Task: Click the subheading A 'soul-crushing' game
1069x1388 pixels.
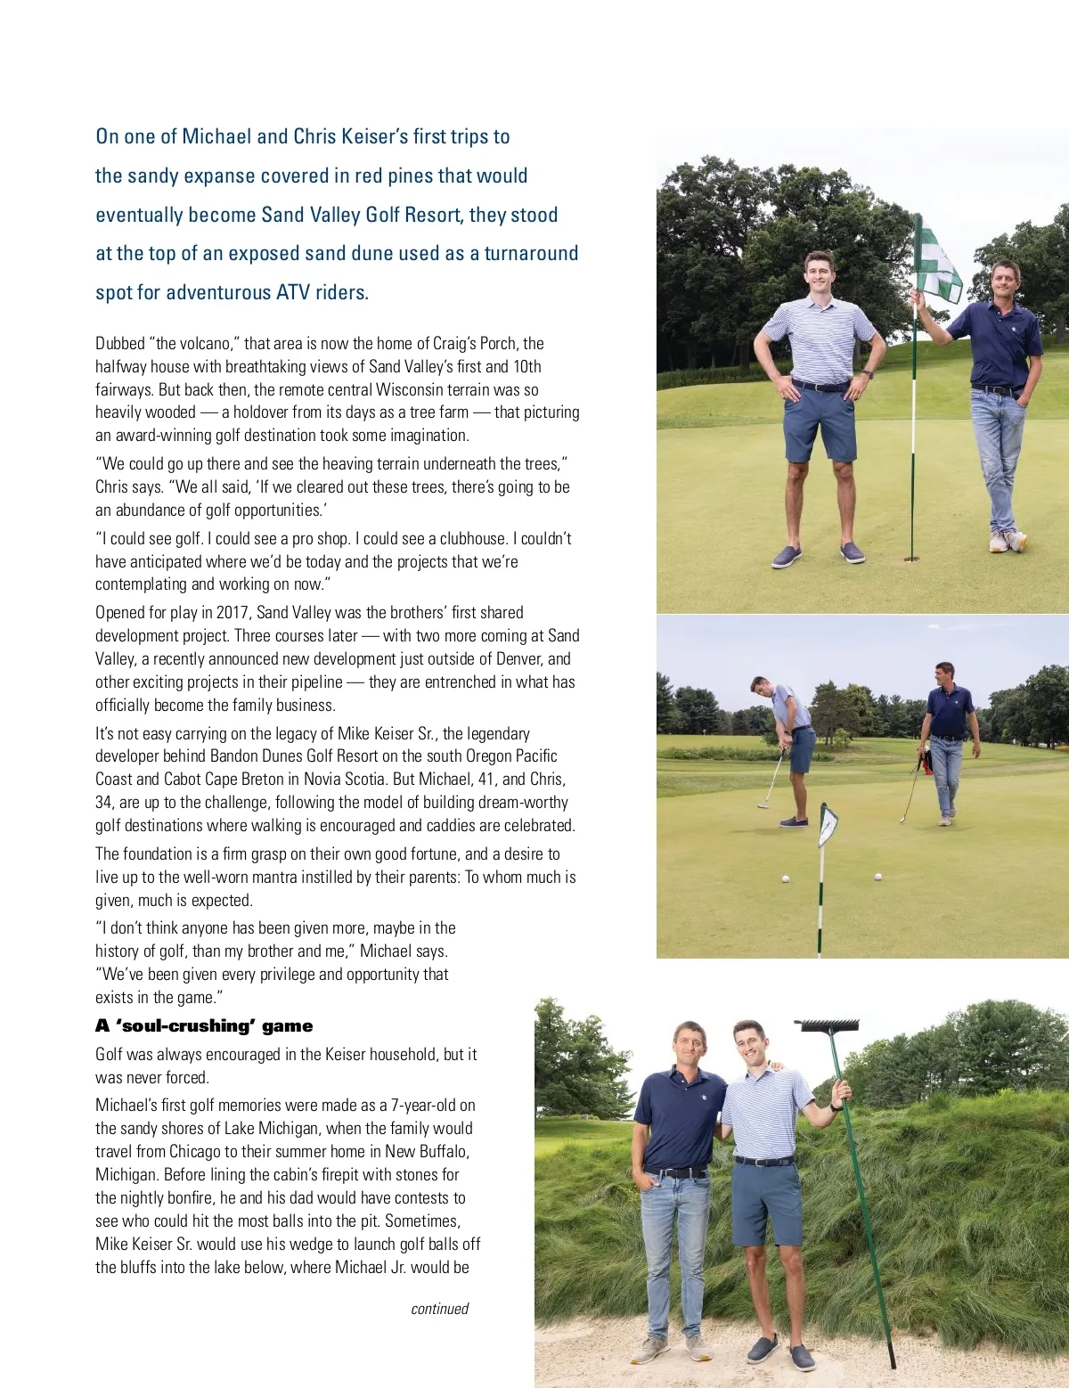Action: coord(204,1025)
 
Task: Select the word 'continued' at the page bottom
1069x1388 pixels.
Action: coord(439,1309)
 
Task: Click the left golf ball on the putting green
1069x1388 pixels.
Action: coord(786,878)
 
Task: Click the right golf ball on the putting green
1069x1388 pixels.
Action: coord(877,877)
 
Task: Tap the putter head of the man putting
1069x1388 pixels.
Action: coord(763,804)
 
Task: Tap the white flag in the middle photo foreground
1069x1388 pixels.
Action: coord(828,826)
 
